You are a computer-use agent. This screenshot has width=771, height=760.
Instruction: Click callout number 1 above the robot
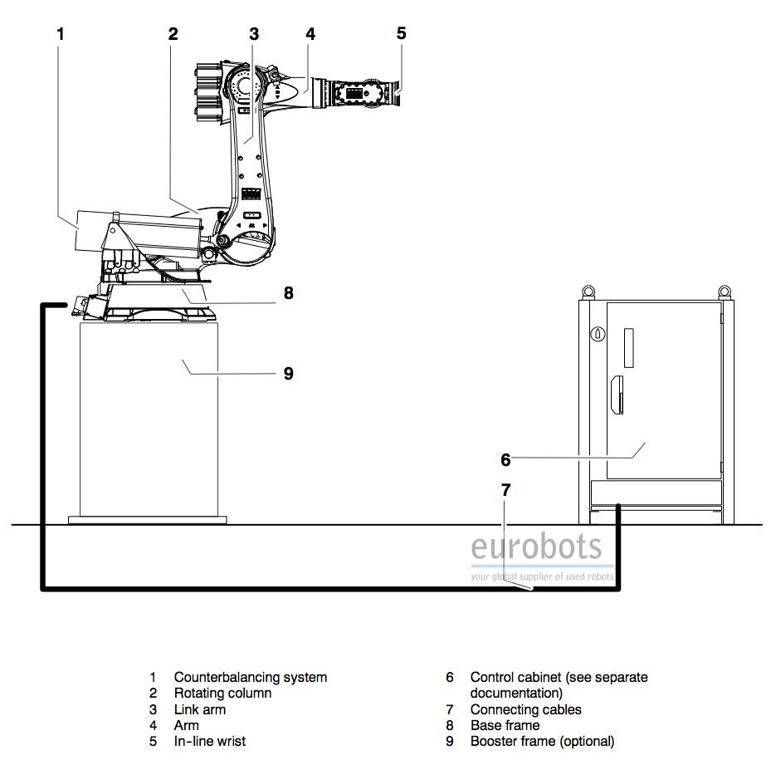(x=61, y=34)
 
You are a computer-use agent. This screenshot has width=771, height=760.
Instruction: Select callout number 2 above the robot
(x=173, y=34)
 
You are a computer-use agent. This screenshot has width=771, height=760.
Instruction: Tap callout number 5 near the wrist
(x=401, y=33)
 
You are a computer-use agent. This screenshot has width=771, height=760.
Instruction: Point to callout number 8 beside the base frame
(x=289, y=293)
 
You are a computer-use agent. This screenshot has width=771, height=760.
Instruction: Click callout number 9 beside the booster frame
(x=289, y=374)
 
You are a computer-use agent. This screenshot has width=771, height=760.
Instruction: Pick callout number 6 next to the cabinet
(x=505, y=460)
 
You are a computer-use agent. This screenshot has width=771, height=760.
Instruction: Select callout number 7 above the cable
(x=506, y=490)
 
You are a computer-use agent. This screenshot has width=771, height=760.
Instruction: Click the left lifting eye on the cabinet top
(x=588, y=292)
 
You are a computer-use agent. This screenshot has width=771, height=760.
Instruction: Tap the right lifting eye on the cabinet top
(x=724, y=292)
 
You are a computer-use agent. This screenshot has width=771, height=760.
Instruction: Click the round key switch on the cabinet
(x=598, y=334)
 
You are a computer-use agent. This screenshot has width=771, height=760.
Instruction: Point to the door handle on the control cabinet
(x=617, y=395)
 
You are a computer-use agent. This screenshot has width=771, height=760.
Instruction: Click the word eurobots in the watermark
(x=536, y=547)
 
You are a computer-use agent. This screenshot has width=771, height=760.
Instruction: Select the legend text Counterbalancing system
(x=251, y=677)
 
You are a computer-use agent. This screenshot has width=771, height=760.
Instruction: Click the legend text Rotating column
(x=222, y=693)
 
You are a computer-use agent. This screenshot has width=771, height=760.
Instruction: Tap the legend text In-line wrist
(x=210, y=741)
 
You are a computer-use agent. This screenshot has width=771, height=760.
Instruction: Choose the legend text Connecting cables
(x=525, y=709)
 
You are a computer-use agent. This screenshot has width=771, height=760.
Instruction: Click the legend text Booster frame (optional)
(x=542, y=741)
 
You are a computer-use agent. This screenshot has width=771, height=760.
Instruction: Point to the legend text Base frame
(x=505, y=725)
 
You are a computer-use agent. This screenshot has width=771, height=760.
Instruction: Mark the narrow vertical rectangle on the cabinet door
(x=628, y=348)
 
